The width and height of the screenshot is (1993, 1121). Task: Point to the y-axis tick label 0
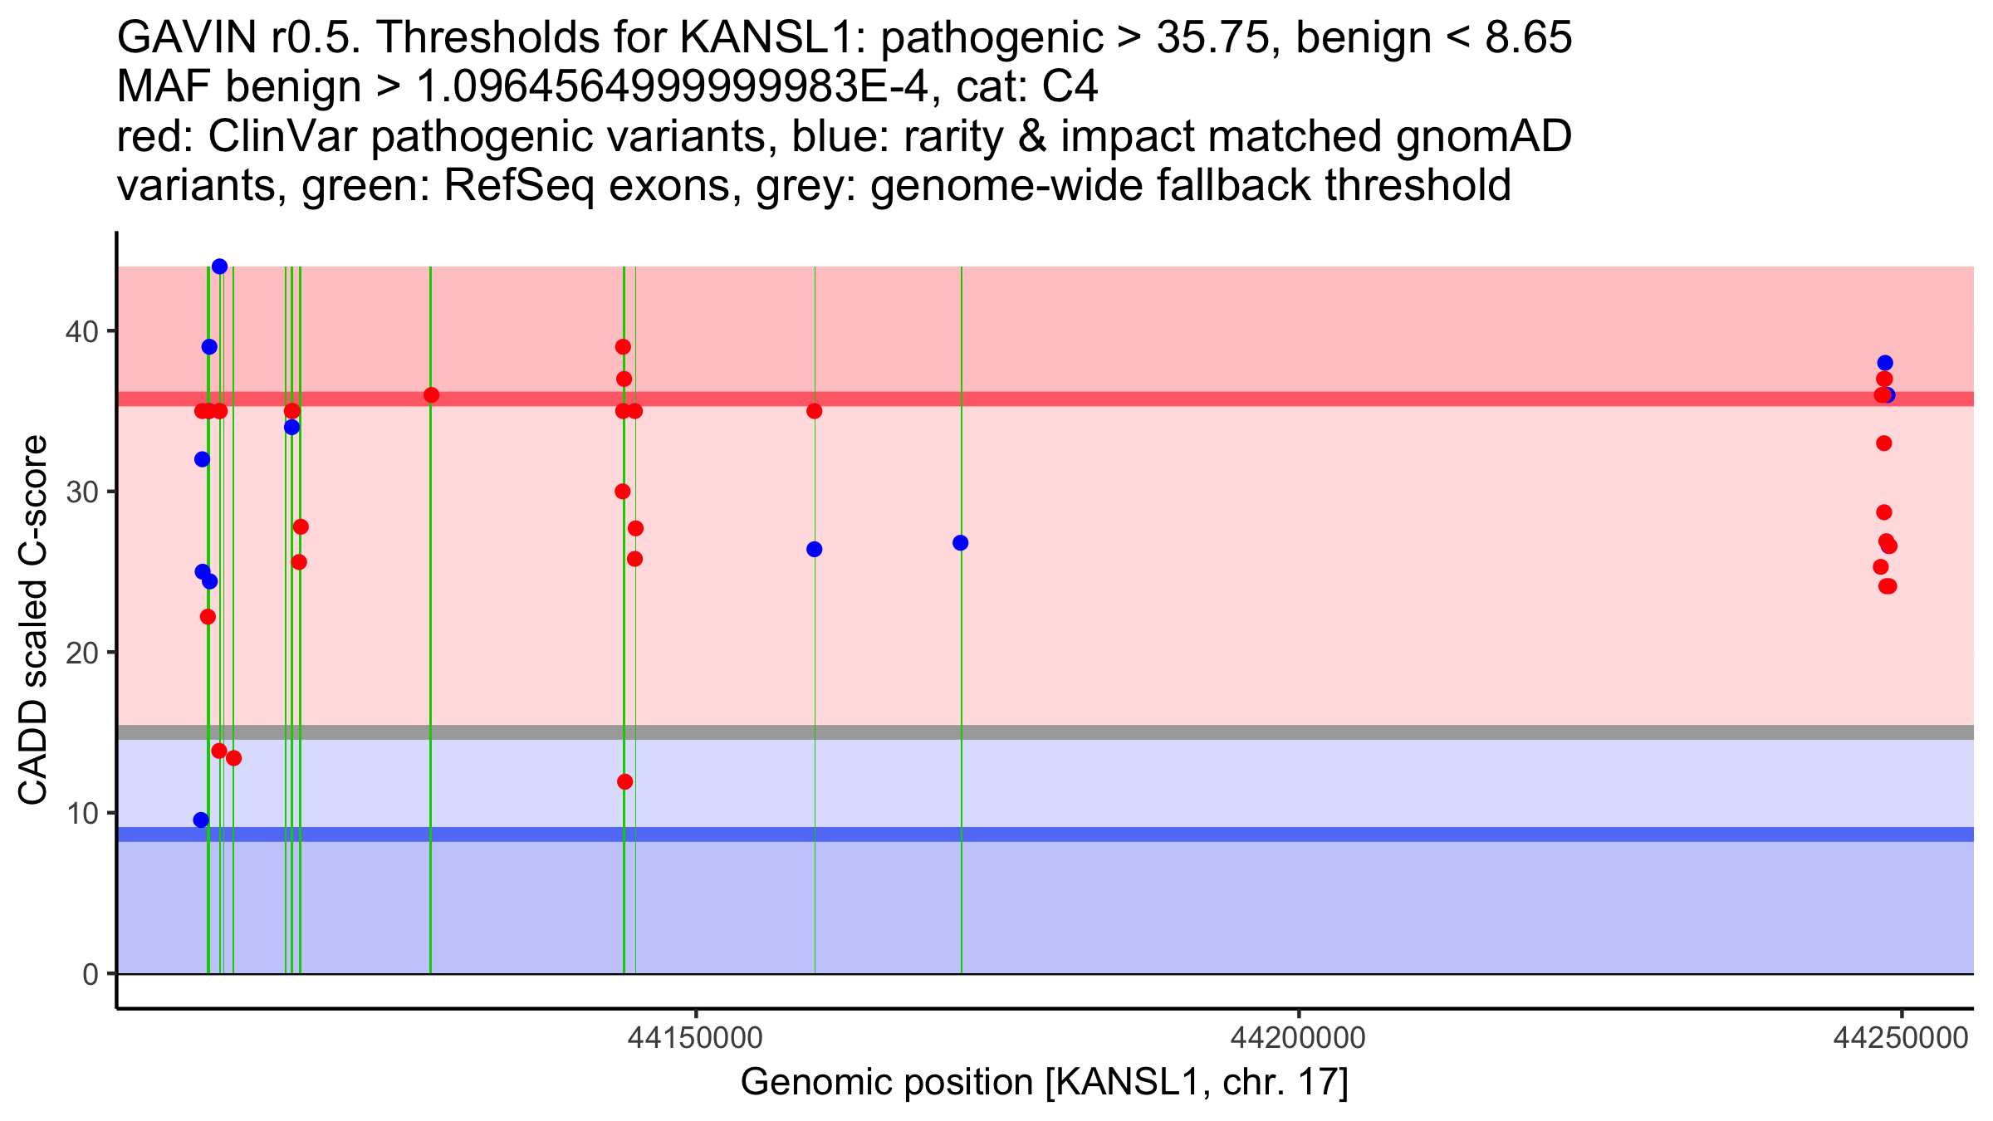[90, 974]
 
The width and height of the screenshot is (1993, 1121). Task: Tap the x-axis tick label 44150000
[696, 1038]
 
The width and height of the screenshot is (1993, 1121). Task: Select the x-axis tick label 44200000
[1298, 1038]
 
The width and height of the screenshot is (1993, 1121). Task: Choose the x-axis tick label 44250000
[1900, 1038]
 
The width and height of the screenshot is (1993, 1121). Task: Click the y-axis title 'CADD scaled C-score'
[33, 620]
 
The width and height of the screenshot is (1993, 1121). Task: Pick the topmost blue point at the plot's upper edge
[219, 267]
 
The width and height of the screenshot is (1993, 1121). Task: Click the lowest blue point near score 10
[201, 820]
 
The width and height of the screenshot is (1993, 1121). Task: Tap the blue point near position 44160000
[814, 550]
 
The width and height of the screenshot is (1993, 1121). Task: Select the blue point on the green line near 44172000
[960, 543]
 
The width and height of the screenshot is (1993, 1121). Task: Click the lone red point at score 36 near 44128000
[431, 395]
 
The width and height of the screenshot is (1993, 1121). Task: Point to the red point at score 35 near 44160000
[814, 411]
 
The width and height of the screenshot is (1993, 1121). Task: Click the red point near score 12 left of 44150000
[625, 781]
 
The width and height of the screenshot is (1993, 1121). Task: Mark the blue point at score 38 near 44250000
[1884, 363]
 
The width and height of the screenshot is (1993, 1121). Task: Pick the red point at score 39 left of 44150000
[623, 346]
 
